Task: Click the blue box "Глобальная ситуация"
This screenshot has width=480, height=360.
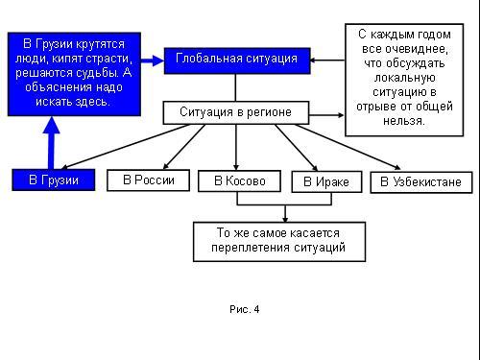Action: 237,60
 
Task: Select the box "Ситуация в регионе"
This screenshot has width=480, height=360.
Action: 236,112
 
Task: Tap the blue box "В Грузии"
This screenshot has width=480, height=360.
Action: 54,180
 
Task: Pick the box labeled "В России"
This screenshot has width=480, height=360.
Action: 148,180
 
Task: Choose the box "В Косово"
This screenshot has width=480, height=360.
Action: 239,181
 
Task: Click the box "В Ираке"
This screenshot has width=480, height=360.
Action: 326,181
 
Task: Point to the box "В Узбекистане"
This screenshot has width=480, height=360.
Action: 421,182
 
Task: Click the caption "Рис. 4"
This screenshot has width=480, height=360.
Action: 245,309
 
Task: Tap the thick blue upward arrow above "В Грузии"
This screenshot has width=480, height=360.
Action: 51,143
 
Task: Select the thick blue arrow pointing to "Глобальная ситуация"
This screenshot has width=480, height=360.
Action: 153,60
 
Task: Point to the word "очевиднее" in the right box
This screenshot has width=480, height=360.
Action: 417,49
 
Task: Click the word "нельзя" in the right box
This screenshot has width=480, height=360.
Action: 402,121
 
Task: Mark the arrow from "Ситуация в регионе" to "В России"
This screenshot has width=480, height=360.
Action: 184,147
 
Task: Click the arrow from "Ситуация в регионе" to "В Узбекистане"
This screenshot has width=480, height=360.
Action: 348,147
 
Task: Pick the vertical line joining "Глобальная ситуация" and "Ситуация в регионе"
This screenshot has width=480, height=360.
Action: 235,87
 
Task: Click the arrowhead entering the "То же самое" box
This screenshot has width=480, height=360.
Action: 285,219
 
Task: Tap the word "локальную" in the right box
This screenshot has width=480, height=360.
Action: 404,78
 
